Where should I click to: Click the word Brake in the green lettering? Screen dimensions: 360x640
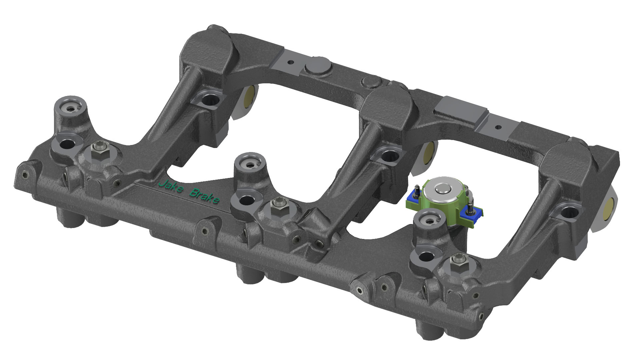(204, 197)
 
